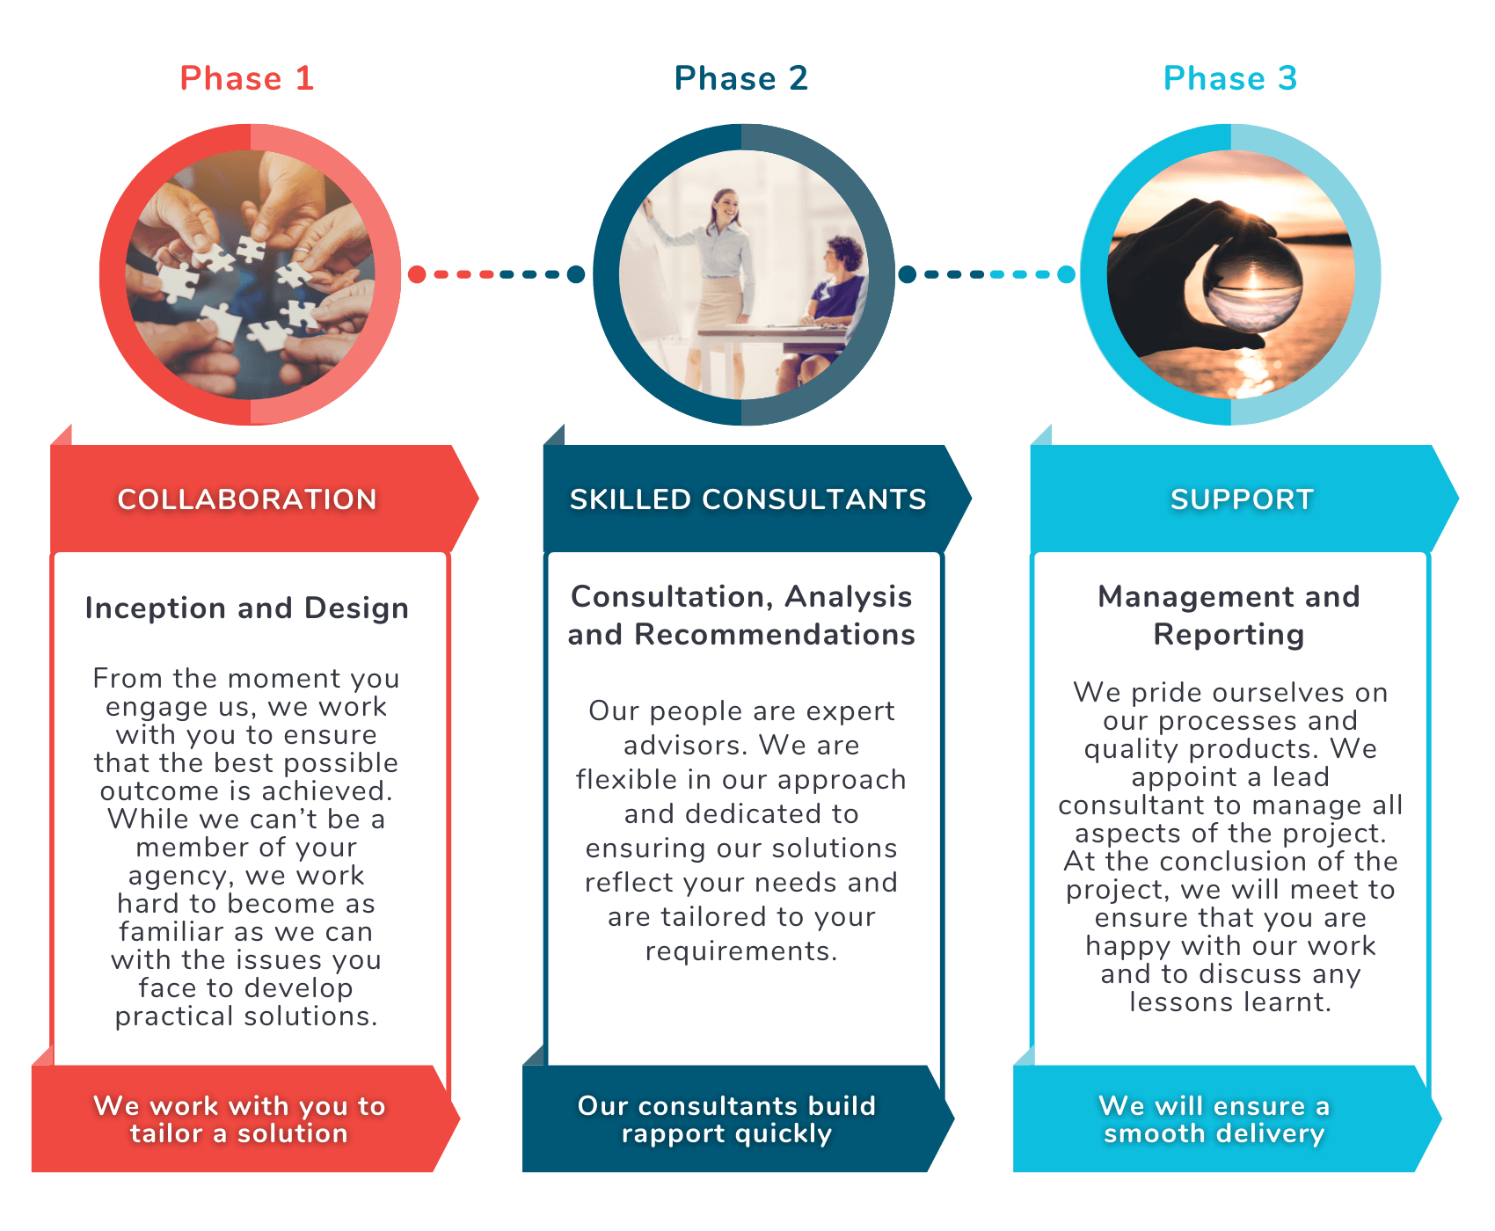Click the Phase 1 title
click(x=247, y=78)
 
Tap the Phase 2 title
click(x=741, y=78)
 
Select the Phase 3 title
click(x=1230, y=78)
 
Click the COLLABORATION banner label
click(x=247, y=499)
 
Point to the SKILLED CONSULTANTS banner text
click(x=748, y=499)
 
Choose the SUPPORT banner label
click(x=1242, y=499)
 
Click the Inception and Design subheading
click(x=247, y=608)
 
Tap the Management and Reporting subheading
click(x=1229, y=615)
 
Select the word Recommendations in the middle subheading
click(x=775, y=635)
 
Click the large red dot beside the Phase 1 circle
click(x=417, y=274)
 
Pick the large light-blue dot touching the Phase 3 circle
click(x=1066, y=274)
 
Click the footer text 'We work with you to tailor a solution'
click(x=239, y=1119)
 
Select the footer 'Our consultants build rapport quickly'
click(x=726, y=1119)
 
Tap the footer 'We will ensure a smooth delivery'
click(x=1214, y=1119)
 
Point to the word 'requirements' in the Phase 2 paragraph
click(x=740, y=951)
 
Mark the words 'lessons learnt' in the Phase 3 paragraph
click(x=1230, y=1002)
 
